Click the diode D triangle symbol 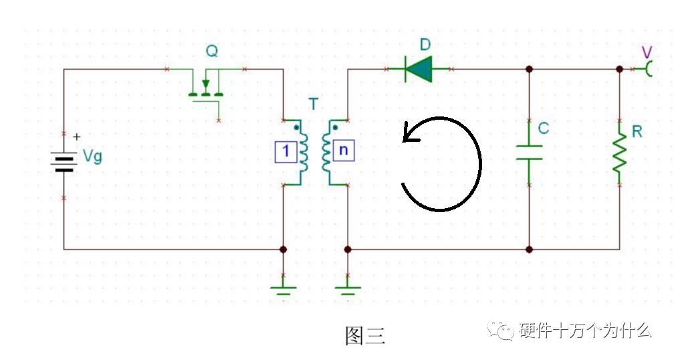tap(419, 69)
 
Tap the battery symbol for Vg tap(64, 162)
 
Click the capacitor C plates tap(529, 153)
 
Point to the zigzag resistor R tap(619, 153)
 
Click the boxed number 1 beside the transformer tap(286, 151)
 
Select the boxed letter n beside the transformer tap(344, 151)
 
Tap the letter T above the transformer tap(314, 104)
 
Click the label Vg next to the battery tap(92, 156)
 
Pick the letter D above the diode tap(425, 44)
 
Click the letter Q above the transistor tap(212, 51)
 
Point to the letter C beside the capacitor tap(544, 128)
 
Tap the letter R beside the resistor tap(637, 132)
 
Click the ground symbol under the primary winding tap(284, 290)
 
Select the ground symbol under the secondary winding tap(348, 290)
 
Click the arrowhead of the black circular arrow tap(409, 133)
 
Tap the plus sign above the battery tap(76, 137)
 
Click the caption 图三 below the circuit tap(365, 335)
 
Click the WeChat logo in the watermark tap(501, 331)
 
